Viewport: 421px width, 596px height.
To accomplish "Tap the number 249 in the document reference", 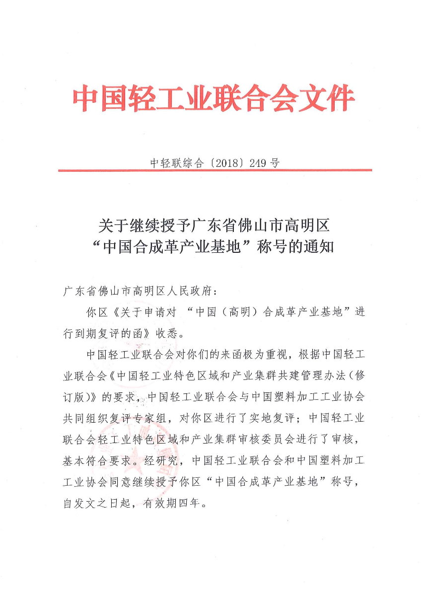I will [258, 163].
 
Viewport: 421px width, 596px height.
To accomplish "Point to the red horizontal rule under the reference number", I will [214, 170].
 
